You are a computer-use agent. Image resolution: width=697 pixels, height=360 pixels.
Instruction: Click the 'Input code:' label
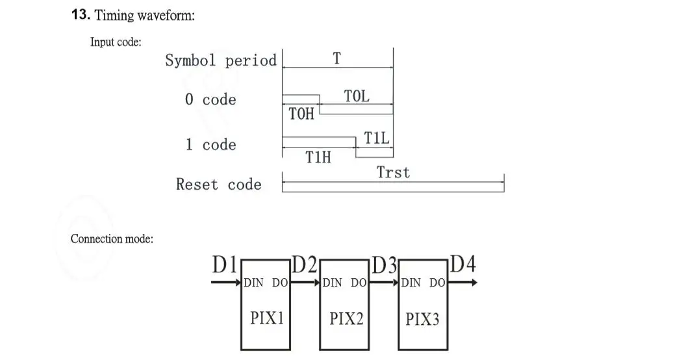click(116, 42)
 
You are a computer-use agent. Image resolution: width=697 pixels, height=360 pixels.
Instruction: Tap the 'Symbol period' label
click(220, 60)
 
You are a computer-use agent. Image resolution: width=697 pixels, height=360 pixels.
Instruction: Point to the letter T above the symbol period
click(336, 58)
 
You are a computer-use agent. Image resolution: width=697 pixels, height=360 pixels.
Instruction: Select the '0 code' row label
click(210, 99)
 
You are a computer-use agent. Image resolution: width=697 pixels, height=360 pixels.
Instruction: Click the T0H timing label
click(301, 114)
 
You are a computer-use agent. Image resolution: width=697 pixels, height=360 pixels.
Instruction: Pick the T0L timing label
click(357, 96)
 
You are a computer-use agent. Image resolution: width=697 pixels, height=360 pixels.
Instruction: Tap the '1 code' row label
click(210, 144)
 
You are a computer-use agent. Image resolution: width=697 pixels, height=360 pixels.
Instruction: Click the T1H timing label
click(318, 157)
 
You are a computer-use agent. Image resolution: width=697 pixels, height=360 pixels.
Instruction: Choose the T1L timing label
click(377, 138)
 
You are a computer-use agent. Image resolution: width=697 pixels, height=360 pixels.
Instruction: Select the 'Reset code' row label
click(218, 185)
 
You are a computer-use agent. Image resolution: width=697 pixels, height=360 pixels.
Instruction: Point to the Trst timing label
click(394, 172)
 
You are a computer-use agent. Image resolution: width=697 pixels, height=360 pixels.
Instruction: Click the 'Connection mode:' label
click(112, 238)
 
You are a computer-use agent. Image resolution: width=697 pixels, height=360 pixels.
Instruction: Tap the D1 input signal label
click(225, 265)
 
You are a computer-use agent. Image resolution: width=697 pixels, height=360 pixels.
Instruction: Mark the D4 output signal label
click(463, 264)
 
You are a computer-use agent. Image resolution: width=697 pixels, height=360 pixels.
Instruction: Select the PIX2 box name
click(346, 318)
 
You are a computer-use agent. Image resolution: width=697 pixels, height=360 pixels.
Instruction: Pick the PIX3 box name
click(422, 319)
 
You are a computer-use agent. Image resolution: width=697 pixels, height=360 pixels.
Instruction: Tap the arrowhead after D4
click(474, 283)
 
